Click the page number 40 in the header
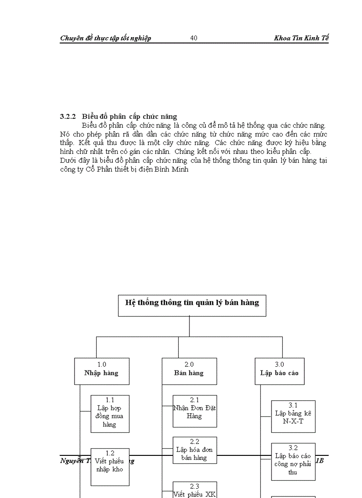pos(194,38)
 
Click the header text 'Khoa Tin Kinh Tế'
pos(301,38)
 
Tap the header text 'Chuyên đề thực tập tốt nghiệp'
pos(106,38)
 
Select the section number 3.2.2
pos(68,117)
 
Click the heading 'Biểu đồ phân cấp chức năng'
pos(130,117)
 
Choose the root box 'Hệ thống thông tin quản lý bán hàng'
pos(192,306)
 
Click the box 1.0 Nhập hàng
pos(102,371)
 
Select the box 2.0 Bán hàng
pos(189,371)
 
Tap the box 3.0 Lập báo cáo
pos(279,371)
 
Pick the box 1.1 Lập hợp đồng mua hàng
pos(110,414)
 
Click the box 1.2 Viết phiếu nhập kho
pos(110,467)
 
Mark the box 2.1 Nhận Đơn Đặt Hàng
pos(195,411)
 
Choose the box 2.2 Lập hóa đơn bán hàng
pos(195,450)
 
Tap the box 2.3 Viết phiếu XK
pos(195,490)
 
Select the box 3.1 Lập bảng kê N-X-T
pos(293,416)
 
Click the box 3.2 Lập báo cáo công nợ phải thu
pos(293,462)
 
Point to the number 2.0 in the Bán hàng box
pos(189,365)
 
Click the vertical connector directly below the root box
pos(189,326)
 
